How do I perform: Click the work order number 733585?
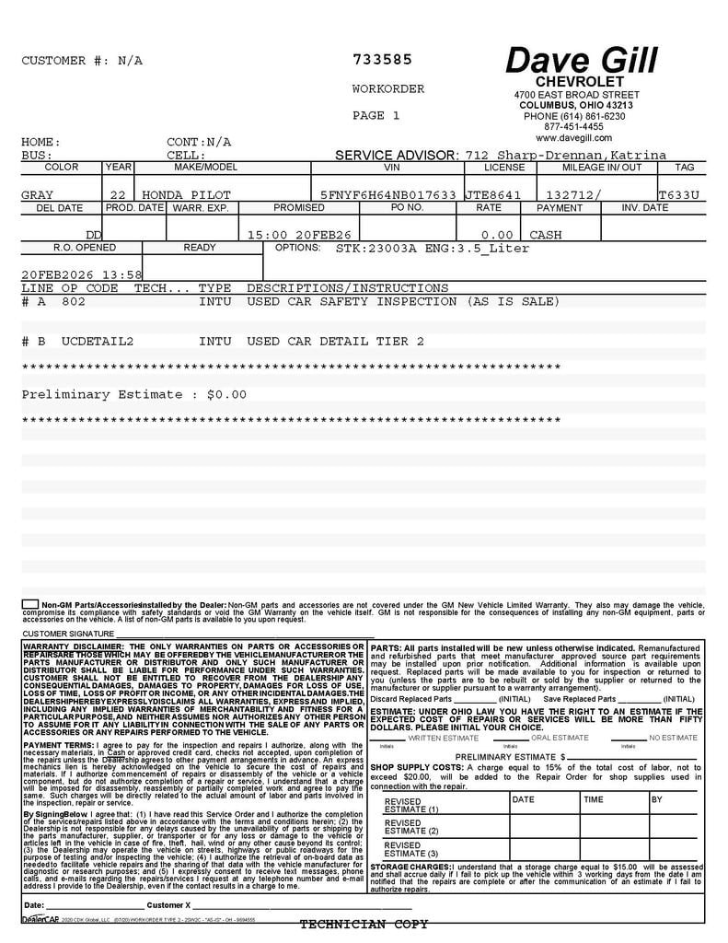point(382,60)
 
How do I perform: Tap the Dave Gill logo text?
point(582,61)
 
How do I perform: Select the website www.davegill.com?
point(573,138)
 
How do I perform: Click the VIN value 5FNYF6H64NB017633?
point(388,195)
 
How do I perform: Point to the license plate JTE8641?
point(492,195)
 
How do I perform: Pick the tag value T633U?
point(678,195)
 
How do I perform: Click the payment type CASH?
point(546,235)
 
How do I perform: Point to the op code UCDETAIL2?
point(98,342)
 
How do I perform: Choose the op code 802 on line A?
point(74,301)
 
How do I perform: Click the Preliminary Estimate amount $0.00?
point(226,394)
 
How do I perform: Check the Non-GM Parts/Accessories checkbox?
point(30,604)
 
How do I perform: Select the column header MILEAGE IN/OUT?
point(602,168)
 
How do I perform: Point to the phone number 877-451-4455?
point(573,127)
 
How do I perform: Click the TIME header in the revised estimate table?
point(594,800)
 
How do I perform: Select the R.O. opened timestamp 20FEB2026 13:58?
point(82,274)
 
